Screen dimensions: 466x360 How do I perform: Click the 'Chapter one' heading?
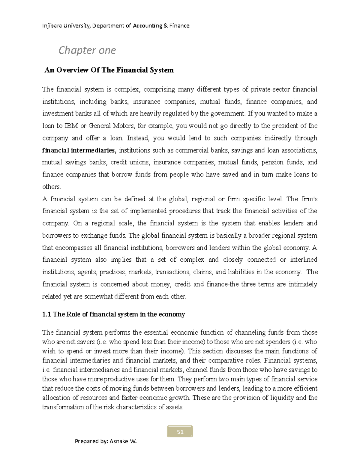87,50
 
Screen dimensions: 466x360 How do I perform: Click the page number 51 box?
180,432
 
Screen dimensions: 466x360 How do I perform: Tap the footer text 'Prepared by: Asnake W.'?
106,441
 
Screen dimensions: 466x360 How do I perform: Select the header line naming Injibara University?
116,26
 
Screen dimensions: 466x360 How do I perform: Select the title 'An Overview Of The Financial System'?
109,70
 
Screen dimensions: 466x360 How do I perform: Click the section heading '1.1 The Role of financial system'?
113,314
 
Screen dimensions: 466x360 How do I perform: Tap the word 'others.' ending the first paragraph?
51,187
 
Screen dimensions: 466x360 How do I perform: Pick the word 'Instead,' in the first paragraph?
138,138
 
